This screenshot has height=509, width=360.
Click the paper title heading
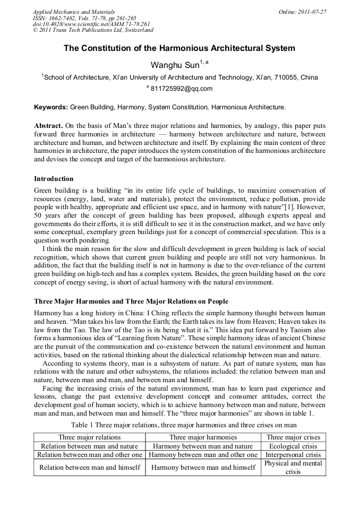[x=179, y=48]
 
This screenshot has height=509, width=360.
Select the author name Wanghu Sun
[x=175, y=65]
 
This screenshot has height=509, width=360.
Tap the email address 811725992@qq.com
[x=181, y=89]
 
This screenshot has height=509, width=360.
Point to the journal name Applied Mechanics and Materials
[x=74, y=12]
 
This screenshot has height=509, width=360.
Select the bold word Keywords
[x=50, y=107]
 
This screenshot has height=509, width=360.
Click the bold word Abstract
[x=48, y=126]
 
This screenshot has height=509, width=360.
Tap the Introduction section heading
[x=54, y=179]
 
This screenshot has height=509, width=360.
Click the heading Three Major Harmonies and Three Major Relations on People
[x=131, y=301]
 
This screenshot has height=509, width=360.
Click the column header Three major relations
[x=90, y=437]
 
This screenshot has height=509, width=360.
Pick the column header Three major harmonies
[x=203, y=437]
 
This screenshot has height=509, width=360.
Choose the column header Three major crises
[x=293, y=437]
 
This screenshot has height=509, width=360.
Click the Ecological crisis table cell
[x=293, y=446]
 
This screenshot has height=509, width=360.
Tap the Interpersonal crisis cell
[x=293, y=455]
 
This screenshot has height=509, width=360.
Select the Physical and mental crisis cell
[x=293, y=467]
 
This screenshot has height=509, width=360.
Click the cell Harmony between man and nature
[x=203, y=446]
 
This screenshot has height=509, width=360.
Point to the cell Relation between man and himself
[x=90, y=467]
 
